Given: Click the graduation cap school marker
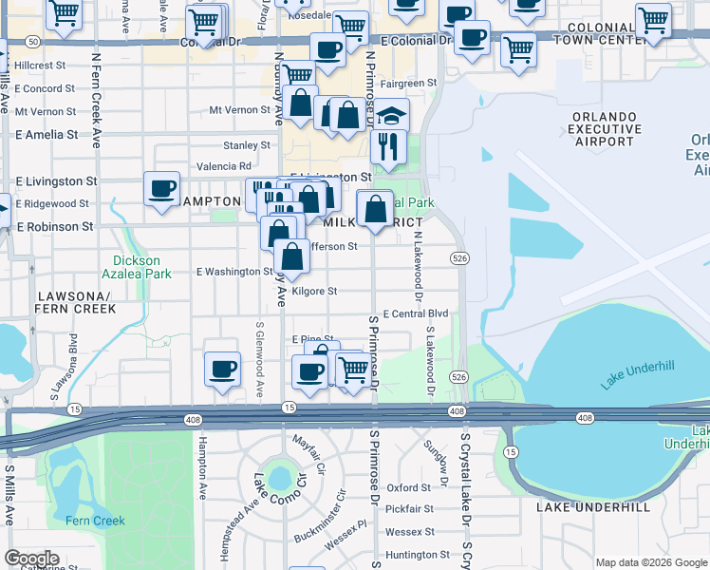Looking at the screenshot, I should (x=391, y=116).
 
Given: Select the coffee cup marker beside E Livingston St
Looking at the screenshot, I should (x=161, y=186).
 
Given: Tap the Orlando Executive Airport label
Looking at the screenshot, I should (x=603, y=129).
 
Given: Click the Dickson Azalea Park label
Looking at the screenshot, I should (x=142, y=267).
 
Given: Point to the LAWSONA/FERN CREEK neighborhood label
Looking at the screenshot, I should (x=75, y=302).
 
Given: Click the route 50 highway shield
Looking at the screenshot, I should (x=33, y=42).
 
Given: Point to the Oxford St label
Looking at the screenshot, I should (x=408, y=487).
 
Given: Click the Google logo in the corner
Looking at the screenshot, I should (x=32, y=559).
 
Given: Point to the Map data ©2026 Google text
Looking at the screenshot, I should (x=650, y=562).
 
